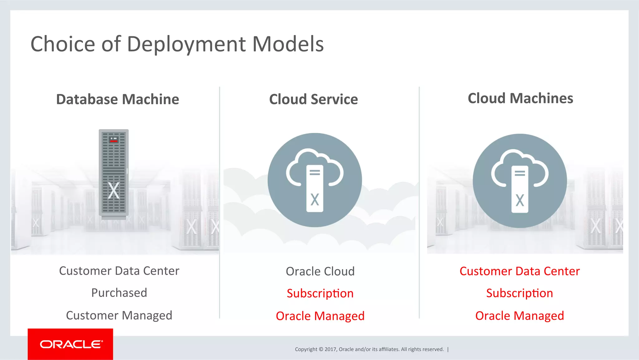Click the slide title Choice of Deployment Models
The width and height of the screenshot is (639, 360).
(x=177, y=44)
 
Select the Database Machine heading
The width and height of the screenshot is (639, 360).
(x=117, y=99)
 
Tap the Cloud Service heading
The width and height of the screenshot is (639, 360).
(x=313, y=99)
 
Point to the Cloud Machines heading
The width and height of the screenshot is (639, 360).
(x=520, y=98)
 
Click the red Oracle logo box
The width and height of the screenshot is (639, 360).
(x=70, y=344)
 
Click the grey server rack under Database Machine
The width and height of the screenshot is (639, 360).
(x=114, y=173)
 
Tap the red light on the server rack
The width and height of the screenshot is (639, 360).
(x=114, y=141)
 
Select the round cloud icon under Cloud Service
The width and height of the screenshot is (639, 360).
(x=315, y=180)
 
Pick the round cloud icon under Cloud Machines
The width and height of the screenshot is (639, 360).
(x=519, y=181)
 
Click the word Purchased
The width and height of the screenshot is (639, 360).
(x=119, y=293)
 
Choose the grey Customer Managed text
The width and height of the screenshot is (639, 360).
(x=119, y=315)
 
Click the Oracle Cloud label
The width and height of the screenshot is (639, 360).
(x=320, y=271)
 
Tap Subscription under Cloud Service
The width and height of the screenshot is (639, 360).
(x=320, y=293)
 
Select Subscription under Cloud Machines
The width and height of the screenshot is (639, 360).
(x=519, y=293)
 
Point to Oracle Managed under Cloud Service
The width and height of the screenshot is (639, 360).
(x=320, y=316)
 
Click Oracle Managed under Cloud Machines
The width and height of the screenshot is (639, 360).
(x=519, y=316)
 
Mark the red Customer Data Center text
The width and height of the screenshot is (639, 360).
(x=519, y=271)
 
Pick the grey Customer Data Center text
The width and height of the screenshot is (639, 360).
(x=119, y=271)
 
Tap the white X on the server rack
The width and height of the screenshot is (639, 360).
(x=114, y=190)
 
